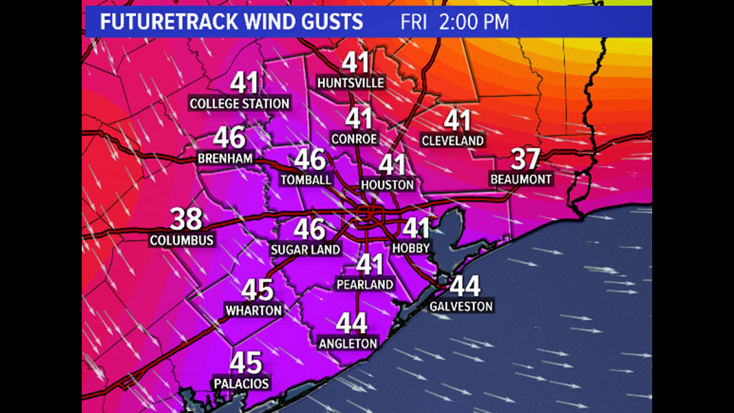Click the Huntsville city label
point(351,83)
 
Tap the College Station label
point(239,104)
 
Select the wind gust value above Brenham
point(229,138)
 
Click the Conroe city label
point(354,139)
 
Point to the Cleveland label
point(453,141)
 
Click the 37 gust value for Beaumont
point(525,159)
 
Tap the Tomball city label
point(306,180)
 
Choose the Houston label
point(387,185)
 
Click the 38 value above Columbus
point(186,219)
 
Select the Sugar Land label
point(305,250)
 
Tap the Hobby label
point(411,249)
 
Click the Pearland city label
point(365,285)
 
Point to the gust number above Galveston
point(465,286)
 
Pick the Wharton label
point(253,311)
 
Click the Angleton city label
point(348,344)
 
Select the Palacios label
point(241,384)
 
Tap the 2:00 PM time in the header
point(474,22)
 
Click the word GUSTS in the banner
point(332,22)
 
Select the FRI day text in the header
point(413,22)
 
